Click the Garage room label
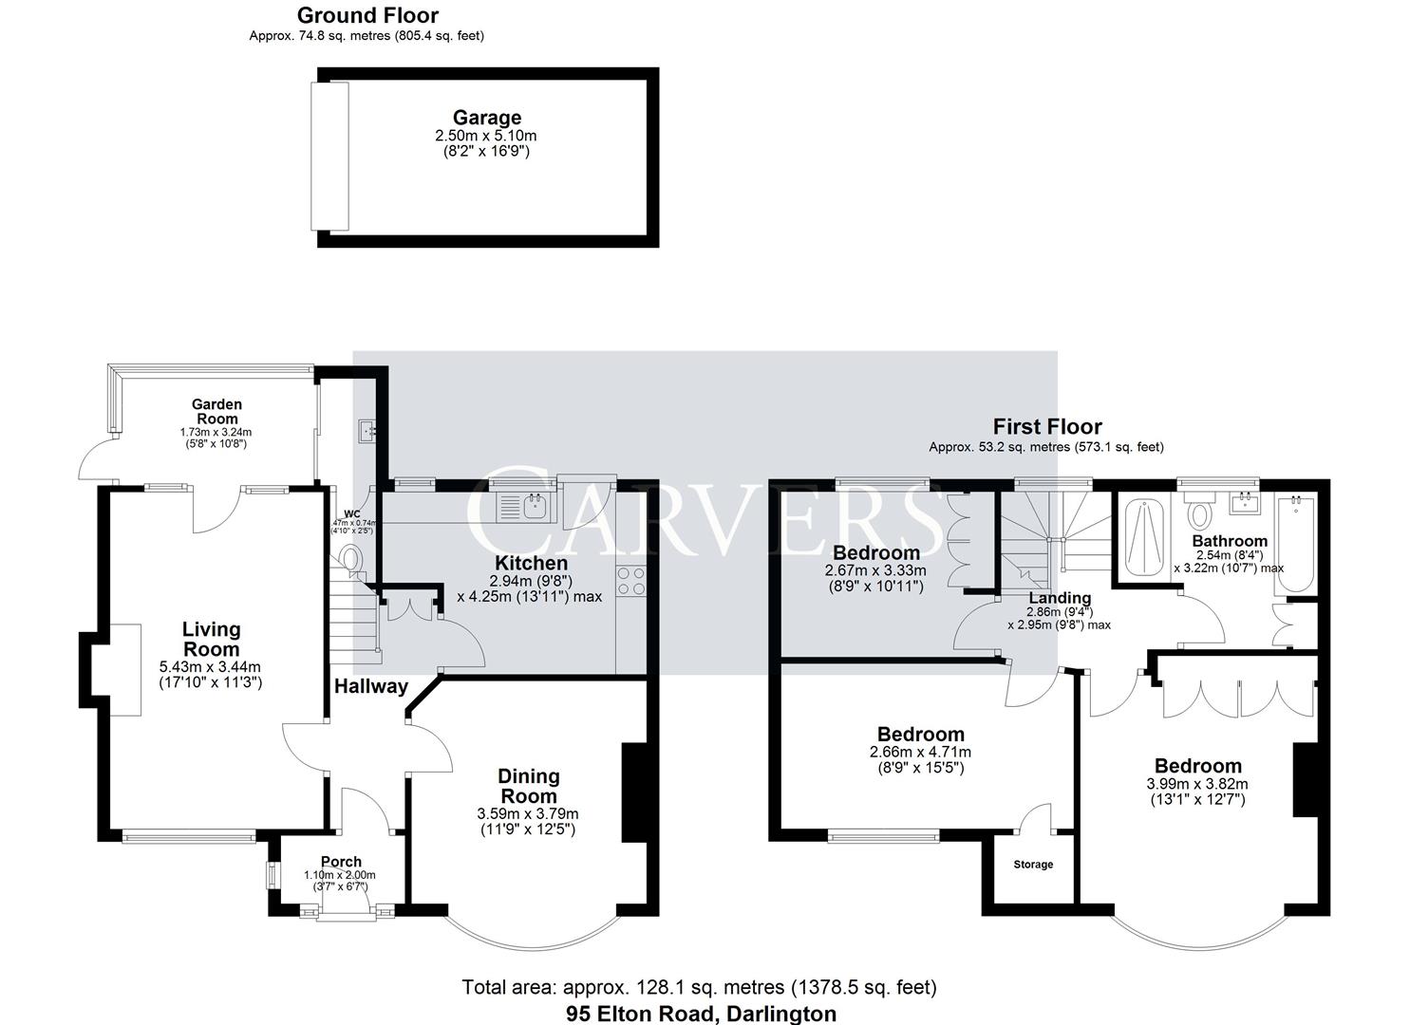pos(486,118)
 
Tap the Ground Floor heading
pos(367,15)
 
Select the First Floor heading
pos(1046,427)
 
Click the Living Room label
pos(211,639)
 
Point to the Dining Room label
pos(528,786)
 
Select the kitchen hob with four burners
pos(630,582)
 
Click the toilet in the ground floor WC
pos(352,559)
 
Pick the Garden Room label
pos(217,411)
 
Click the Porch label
pos(340,862)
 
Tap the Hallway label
pos(370,686)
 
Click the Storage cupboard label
pos(1033,865)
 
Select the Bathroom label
pos(1230,541)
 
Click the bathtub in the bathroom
pos(1293,546)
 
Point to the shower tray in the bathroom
pos(1144,537)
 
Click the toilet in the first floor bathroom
pos(1201,512)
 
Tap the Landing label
pos(1060,598)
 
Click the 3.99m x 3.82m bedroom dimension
pos(1197,784)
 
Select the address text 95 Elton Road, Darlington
pos(701,1014)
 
